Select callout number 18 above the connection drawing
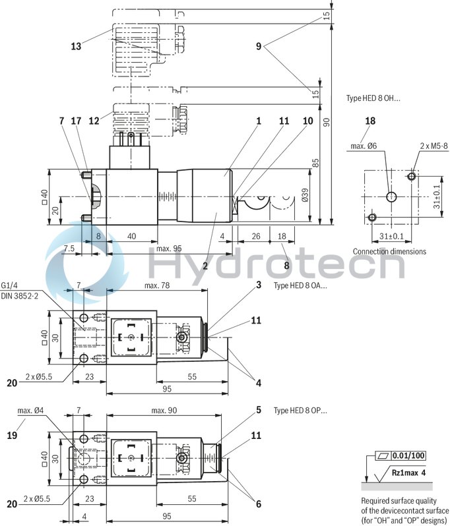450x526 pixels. coord(370,121)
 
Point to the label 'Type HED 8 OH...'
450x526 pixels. coord(373,98)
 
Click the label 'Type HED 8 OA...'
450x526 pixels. coord(300,285)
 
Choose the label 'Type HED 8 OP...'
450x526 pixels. coord(300,410)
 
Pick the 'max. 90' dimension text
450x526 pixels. coord(164,411)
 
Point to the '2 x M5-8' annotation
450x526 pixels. coord(416,146)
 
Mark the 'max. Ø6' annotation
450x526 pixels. coord(364,146)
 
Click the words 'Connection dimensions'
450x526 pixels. coord(389,251)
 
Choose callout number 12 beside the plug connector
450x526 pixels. coord(93,121)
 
